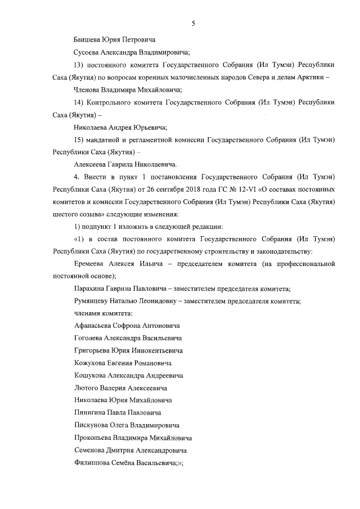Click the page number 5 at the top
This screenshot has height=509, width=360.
click(x=193, y=23)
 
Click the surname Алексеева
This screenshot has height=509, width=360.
click(x=93, y=164)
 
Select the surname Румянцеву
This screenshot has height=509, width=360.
click(x=95, y=301)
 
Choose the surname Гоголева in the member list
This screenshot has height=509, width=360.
click(x=91, y=338)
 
